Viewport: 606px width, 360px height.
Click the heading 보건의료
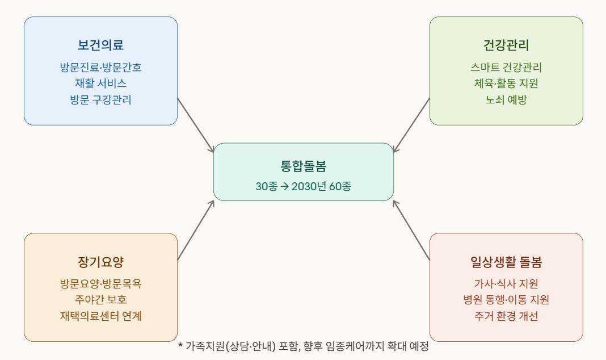(x=100, y=45)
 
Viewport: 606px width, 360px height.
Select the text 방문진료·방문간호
(x=100, y=68)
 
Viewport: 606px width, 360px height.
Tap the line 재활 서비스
(x=100, y=83)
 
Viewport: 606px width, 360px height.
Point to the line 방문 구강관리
(x=100, y=100)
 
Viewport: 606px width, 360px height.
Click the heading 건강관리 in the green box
(x=506, y=45)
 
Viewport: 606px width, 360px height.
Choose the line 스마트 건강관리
(x=506, y=68)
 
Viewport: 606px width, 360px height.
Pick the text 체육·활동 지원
(x=506, y=83)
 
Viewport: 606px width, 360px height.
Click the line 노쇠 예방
(x=506, y=100)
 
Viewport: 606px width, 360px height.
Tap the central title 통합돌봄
(x=303, y=166)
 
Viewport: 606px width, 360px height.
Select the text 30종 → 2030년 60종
(x=303, y=186)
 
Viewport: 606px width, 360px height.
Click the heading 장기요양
(x=100, y=262)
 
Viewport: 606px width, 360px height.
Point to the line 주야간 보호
(x=100, y=300)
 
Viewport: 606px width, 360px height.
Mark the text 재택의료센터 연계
(x=100, y=316)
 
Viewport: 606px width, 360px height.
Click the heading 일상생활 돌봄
(x=506, y=262)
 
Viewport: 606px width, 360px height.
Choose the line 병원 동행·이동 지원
(x=506, y=300)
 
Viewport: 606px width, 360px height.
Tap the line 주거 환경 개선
(x=506, y=316)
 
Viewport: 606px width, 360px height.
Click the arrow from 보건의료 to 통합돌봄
(x=196, y=125)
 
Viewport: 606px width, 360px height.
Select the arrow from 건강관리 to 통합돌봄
(x=411, y=125)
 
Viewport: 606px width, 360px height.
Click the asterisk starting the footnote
(x=180, y=346)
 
